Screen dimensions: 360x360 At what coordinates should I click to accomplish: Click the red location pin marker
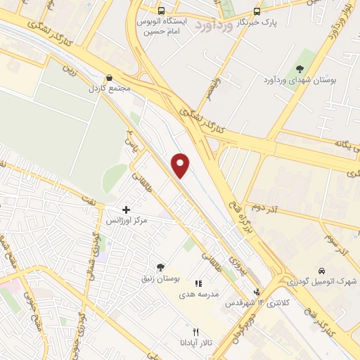pyautogui.click(x=181, y=165)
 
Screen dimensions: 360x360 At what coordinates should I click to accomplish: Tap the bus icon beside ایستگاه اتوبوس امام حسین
pyautogui.click(x=162, y=11)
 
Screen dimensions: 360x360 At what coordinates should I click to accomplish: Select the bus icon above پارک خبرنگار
pyautogui.click(x=257, y=11)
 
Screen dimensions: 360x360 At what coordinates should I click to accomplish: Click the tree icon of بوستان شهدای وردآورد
pyautogui.click(x=300, y=69)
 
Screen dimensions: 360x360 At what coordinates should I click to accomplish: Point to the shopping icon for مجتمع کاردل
pyautogui.click(x=108, y=78)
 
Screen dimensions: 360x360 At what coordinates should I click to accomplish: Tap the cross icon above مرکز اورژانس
pyautogui.click(x=126, y=210)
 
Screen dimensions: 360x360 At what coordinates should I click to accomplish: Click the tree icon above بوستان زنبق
pyautogui.click(x=161, y=267)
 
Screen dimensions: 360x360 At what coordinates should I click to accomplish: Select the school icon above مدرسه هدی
pyautogui.click(x=207, y=282)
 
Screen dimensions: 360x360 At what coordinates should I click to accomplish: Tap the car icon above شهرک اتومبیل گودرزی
pyautogui.click(x=321, y=271)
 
